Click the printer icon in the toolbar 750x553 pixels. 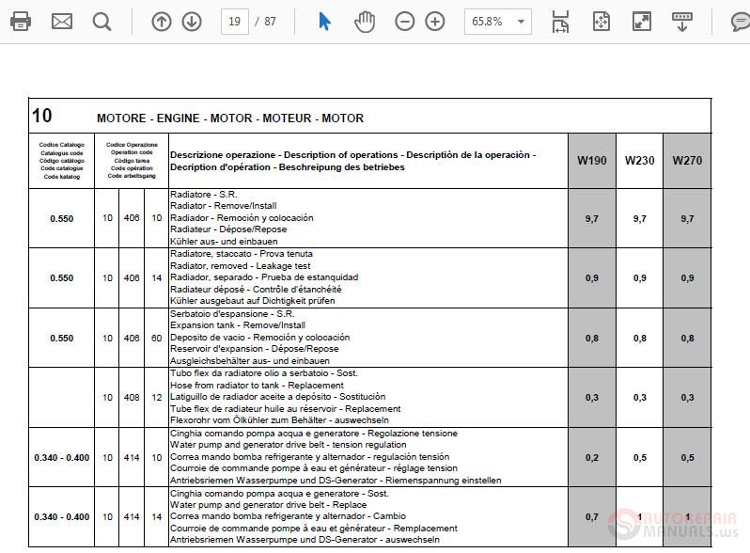20,21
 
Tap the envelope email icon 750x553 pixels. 62,21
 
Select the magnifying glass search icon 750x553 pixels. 102,21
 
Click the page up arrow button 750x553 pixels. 162,21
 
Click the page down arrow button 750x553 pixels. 192,21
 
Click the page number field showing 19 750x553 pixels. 234,21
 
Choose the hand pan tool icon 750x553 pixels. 365,21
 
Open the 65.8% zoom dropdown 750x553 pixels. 497,21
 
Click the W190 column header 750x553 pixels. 591,160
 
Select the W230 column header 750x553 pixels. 639,160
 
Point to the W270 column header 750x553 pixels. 687,160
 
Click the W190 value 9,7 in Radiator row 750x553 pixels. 591,218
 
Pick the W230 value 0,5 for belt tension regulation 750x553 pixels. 639,457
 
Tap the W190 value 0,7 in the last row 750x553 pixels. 591,516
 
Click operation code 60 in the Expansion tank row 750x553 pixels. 156,338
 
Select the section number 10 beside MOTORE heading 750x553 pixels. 42,116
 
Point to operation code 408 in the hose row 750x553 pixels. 132,398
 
